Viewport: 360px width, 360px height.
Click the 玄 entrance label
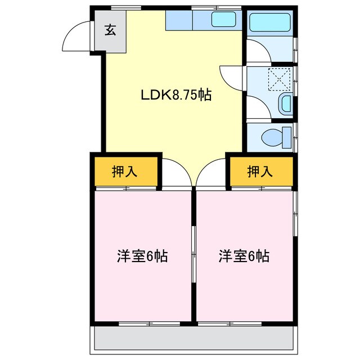[x=110, y=31]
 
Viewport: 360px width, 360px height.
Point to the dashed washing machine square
[x=280, y=79]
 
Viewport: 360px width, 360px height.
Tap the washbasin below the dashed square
[x=286, y=103]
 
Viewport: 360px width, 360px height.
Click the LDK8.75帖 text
[x=175, y=95]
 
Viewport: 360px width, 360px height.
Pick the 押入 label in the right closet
[x=260, y=172]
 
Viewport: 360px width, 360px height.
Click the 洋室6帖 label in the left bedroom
[x=142, y=256]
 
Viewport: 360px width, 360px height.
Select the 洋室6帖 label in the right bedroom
[x=244, y=256]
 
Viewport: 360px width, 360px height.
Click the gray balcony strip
[x=193, y=339]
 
